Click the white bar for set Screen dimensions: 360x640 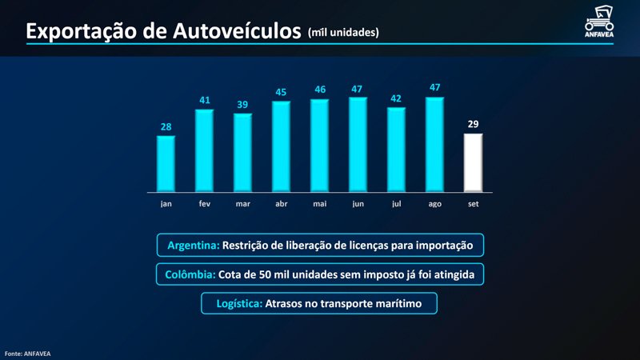tap(473, 162)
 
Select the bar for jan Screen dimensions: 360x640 tap(166, 164)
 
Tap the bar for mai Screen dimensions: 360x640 tap(319, 146)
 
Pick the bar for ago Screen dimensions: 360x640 tap(434, 145)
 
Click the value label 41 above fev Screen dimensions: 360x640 tap(205, 100)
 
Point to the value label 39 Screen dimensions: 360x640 tap(242, 105)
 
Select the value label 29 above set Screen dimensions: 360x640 tap(473, 124)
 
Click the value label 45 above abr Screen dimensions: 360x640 tap(282, 92)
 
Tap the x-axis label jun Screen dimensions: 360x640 tap(358, 204)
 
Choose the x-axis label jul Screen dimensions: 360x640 tap(396, 204)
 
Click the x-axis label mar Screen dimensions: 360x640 tap(242, 204)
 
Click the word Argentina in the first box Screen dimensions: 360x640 tap(193, 245)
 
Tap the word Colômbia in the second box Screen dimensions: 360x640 tap(189, 274)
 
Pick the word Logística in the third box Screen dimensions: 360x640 tap(238, 304)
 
